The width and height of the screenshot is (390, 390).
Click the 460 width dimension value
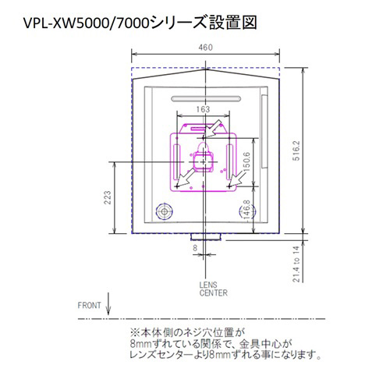[205, 48]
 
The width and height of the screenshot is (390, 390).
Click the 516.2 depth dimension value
[296, 151]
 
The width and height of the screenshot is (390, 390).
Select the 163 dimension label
[203, 109]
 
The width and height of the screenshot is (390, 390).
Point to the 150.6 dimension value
[246, 161]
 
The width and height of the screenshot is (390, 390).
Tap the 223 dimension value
[108, 197]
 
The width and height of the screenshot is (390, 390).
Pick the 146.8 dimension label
[246, 210]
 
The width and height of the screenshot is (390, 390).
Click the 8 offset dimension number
[195, 248]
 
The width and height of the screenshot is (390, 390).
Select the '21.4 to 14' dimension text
[296, 264]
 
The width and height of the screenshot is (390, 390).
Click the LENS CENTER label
[214, 289]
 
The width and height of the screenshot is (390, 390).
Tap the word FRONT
[89, 305]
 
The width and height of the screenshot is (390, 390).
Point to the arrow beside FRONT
[108, 303]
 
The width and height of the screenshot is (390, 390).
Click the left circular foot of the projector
[164, 211]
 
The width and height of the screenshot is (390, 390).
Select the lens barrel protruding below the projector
[206, 237]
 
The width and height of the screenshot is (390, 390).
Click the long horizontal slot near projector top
[206, 99]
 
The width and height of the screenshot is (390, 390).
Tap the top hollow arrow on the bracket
[212, 129]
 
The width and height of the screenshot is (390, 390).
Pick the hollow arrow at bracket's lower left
[185, 178]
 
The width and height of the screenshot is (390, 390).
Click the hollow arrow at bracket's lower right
[237, 179]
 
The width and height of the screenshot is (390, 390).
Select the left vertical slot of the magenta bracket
[176, 162]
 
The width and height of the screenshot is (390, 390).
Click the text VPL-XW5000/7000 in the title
[87, 23]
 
